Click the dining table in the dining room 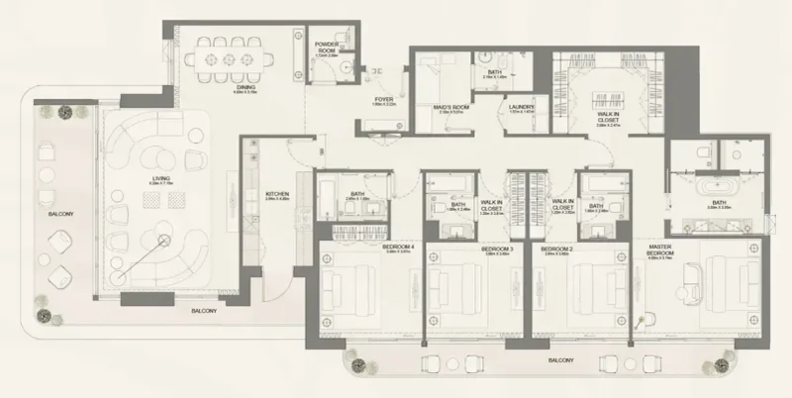tap(230, 58)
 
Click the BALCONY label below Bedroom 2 tap(560, 360)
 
